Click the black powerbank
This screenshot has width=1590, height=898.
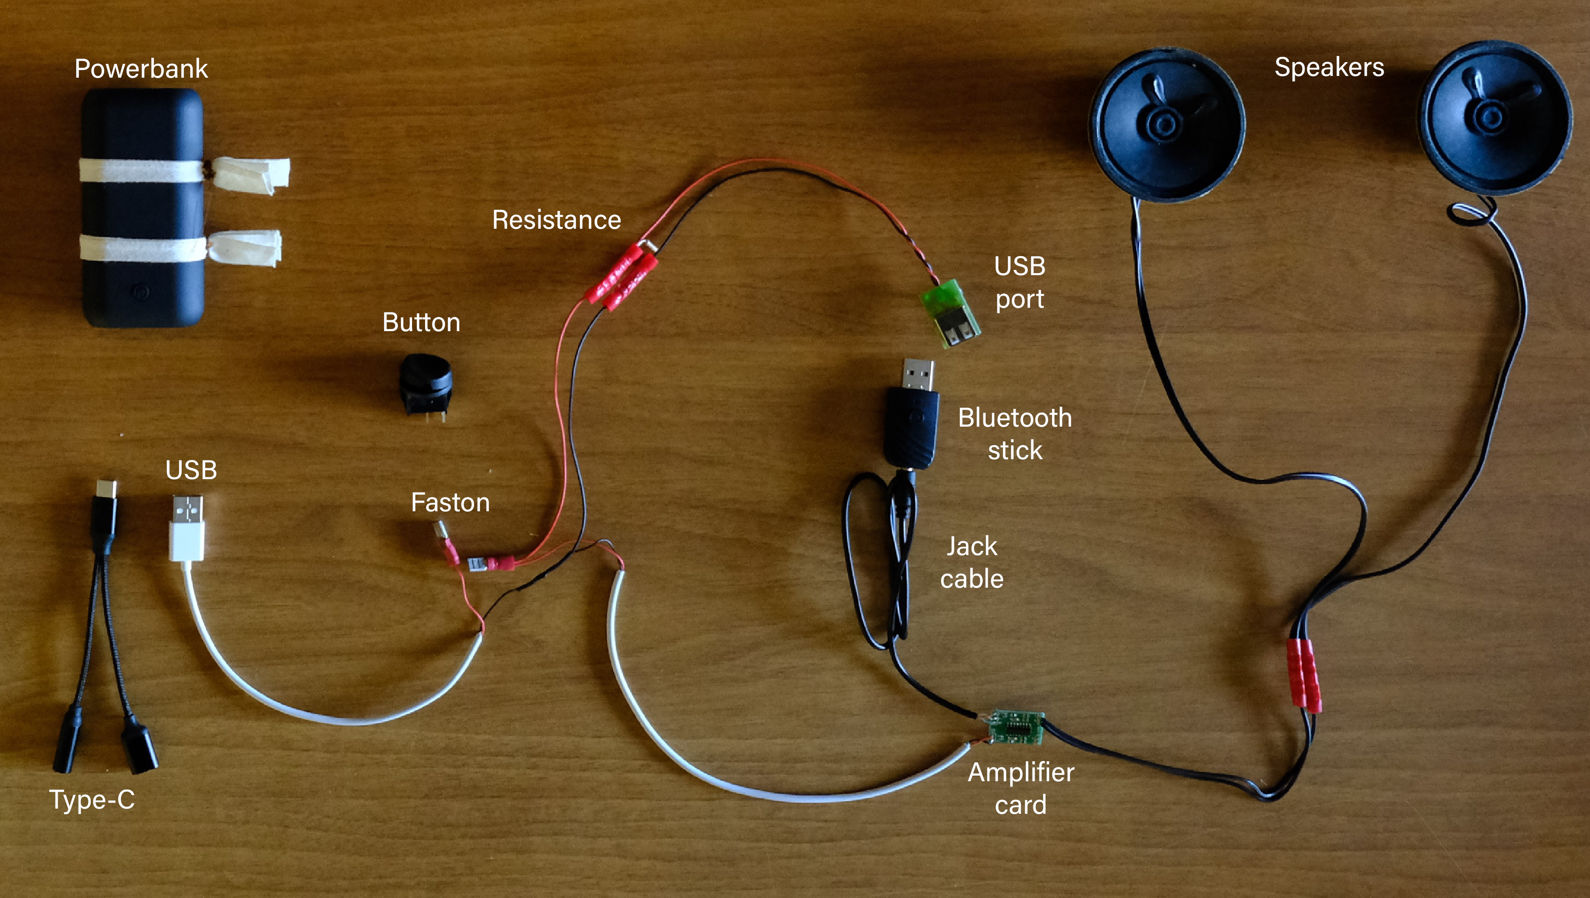[142, 207]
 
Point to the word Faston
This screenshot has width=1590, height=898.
[450, 503]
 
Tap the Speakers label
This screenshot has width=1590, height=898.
[1329, 67]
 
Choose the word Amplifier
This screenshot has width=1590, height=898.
[1021, 773]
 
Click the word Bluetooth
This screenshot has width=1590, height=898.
[1014, 418]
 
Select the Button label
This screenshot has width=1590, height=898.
[421, 323]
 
